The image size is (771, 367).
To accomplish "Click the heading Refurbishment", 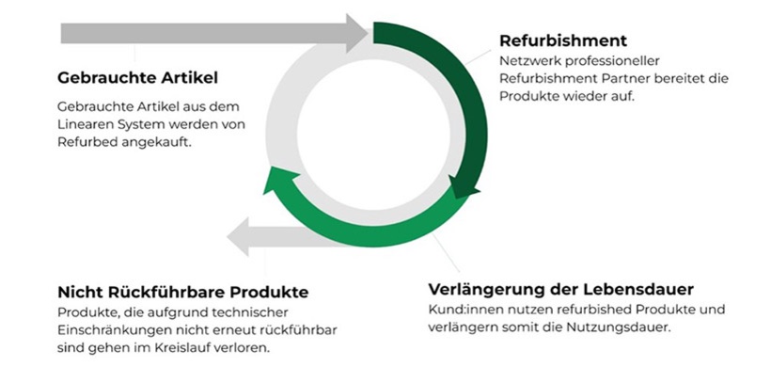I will (563, 41).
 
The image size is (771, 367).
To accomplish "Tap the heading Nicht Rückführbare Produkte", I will (182, 293).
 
